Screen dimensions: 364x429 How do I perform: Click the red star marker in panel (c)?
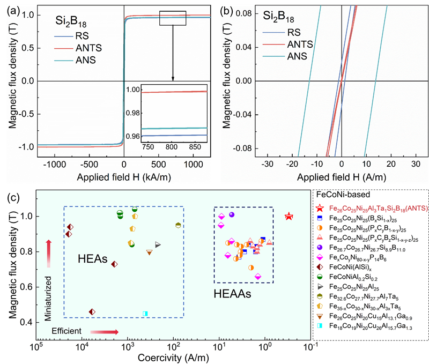pos(289,216)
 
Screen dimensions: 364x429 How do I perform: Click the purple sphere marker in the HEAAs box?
pos(232,214)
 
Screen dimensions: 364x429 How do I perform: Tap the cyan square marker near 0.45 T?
pos(145,313)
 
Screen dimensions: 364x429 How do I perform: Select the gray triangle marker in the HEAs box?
pos(158,244)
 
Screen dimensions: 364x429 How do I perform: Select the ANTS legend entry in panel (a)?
pos(75,48)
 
